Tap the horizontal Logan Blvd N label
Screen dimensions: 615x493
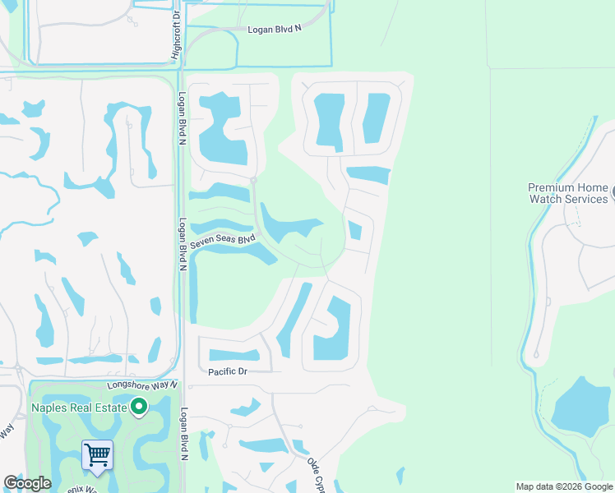[275, 30]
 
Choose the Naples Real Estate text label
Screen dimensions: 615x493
[79, 408]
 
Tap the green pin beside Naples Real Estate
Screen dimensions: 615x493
[139, 406]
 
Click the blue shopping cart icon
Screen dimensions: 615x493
[97, 454]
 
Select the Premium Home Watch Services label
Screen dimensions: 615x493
[568, 193]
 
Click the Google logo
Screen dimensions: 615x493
[27, 484]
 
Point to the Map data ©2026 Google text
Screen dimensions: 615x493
[564, 486]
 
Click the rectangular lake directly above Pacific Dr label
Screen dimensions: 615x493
[234, 356]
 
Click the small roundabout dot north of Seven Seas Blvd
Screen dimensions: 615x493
[254, 179]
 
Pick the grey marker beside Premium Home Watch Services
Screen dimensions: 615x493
[613, 193]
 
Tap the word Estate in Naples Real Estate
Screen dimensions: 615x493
[110, 408]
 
